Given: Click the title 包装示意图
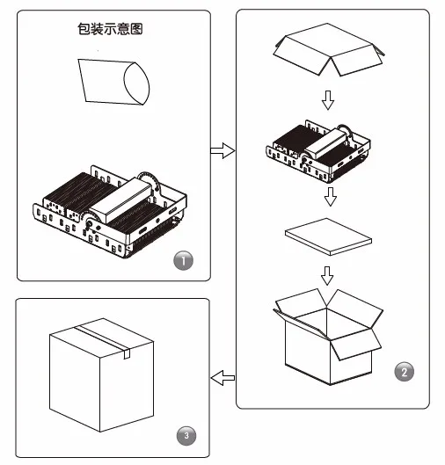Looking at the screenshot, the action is click(110, 29).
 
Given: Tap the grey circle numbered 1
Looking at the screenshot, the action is click(183, 261).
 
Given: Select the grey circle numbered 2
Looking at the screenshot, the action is click(404, 371).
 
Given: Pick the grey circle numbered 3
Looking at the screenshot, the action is click(186, 435).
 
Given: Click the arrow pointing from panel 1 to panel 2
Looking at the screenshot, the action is click(222, 150).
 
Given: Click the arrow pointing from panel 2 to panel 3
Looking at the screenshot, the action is click(222, 378).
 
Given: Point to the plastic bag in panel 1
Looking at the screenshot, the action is click(114, 82).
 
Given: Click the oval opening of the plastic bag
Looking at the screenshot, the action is click(136, 84).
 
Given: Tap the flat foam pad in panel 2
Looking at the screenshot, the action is click(328, 236).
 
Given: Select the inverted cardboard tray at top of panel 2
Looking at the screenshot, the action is click(329, 49).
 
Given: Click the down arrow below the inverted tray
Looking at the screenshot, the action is click(328, 100).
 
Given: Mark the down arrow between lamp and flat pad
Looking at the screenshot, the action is click(330, 196).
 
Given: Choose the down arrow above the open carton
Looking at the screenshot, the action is click(327, 275).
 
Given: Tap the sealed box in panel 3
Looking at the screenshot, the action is click(101, 374).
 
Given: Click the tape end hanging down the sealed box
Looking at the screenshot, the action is click(127, 353).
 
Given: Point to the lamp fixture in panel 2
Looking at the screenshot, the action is click(318, 151).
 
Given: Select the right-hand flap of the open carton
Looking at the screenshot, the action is click(356, 344).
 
